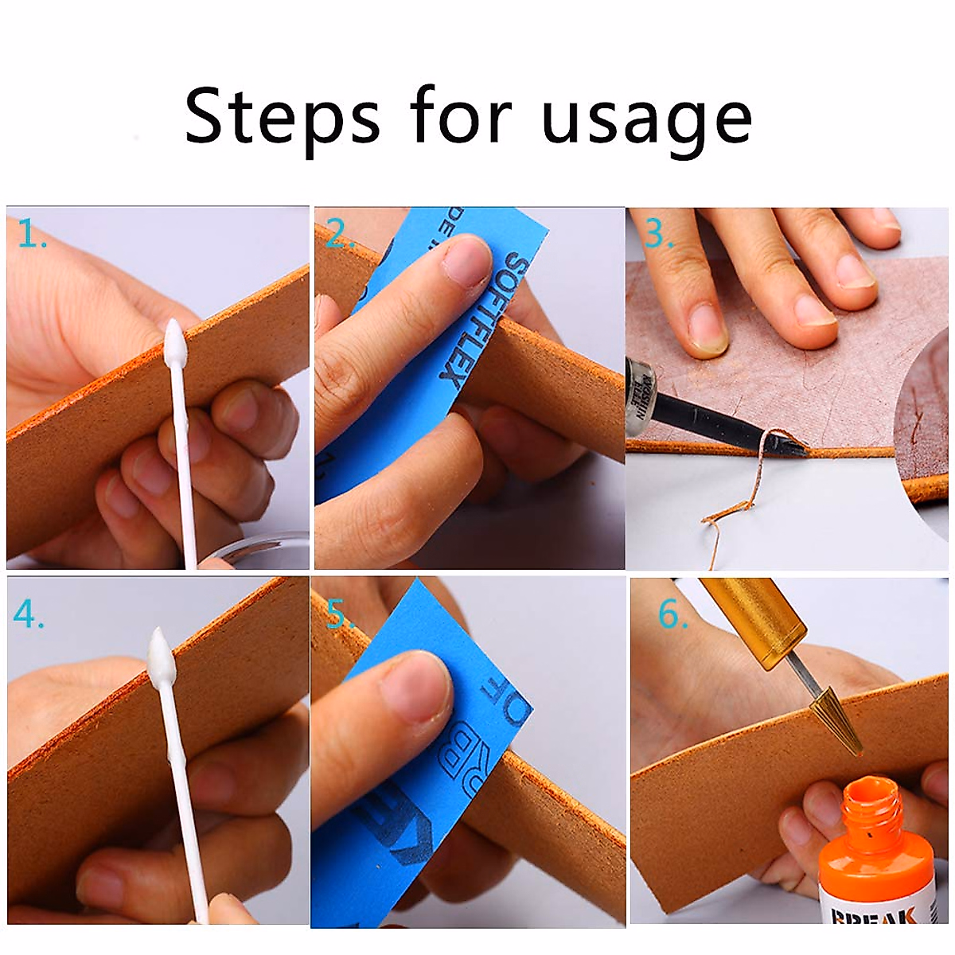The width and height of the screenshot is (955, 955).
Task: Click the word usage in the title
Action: point(646,119)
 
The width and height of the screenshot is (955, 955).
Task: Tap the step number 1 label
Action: point(31,234)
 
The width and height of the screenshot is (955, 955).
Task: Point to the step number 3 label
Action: point(658,234)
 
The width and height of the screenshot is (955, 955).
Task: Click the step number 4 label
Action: point(28,614)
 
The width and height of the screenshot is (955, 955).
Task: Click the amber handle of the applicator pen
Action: point(745,618)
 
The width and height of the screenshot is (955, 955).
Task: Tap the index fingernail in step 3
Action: point(707,326)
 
